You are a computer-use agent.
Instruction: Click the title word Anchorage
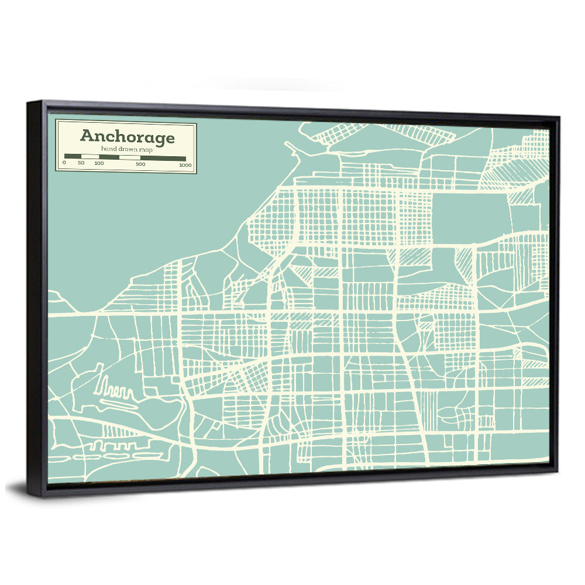click(x=127, y=137)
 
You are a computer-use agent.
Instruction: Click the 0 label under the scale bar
click(x=64, y=163)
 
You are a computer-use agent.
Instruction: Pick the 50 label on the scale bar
click(x=81, y=163)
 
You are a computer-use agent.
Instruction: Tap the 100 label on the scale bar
click(x=99, y=163)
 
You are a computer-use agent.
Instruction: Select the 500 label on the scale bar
click(x=140, y=164)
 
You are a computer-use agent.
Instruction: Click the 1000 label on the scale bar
click(x=185, y=164)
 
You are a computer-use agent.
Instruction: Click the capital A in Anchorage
click(x=87, y=136)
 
